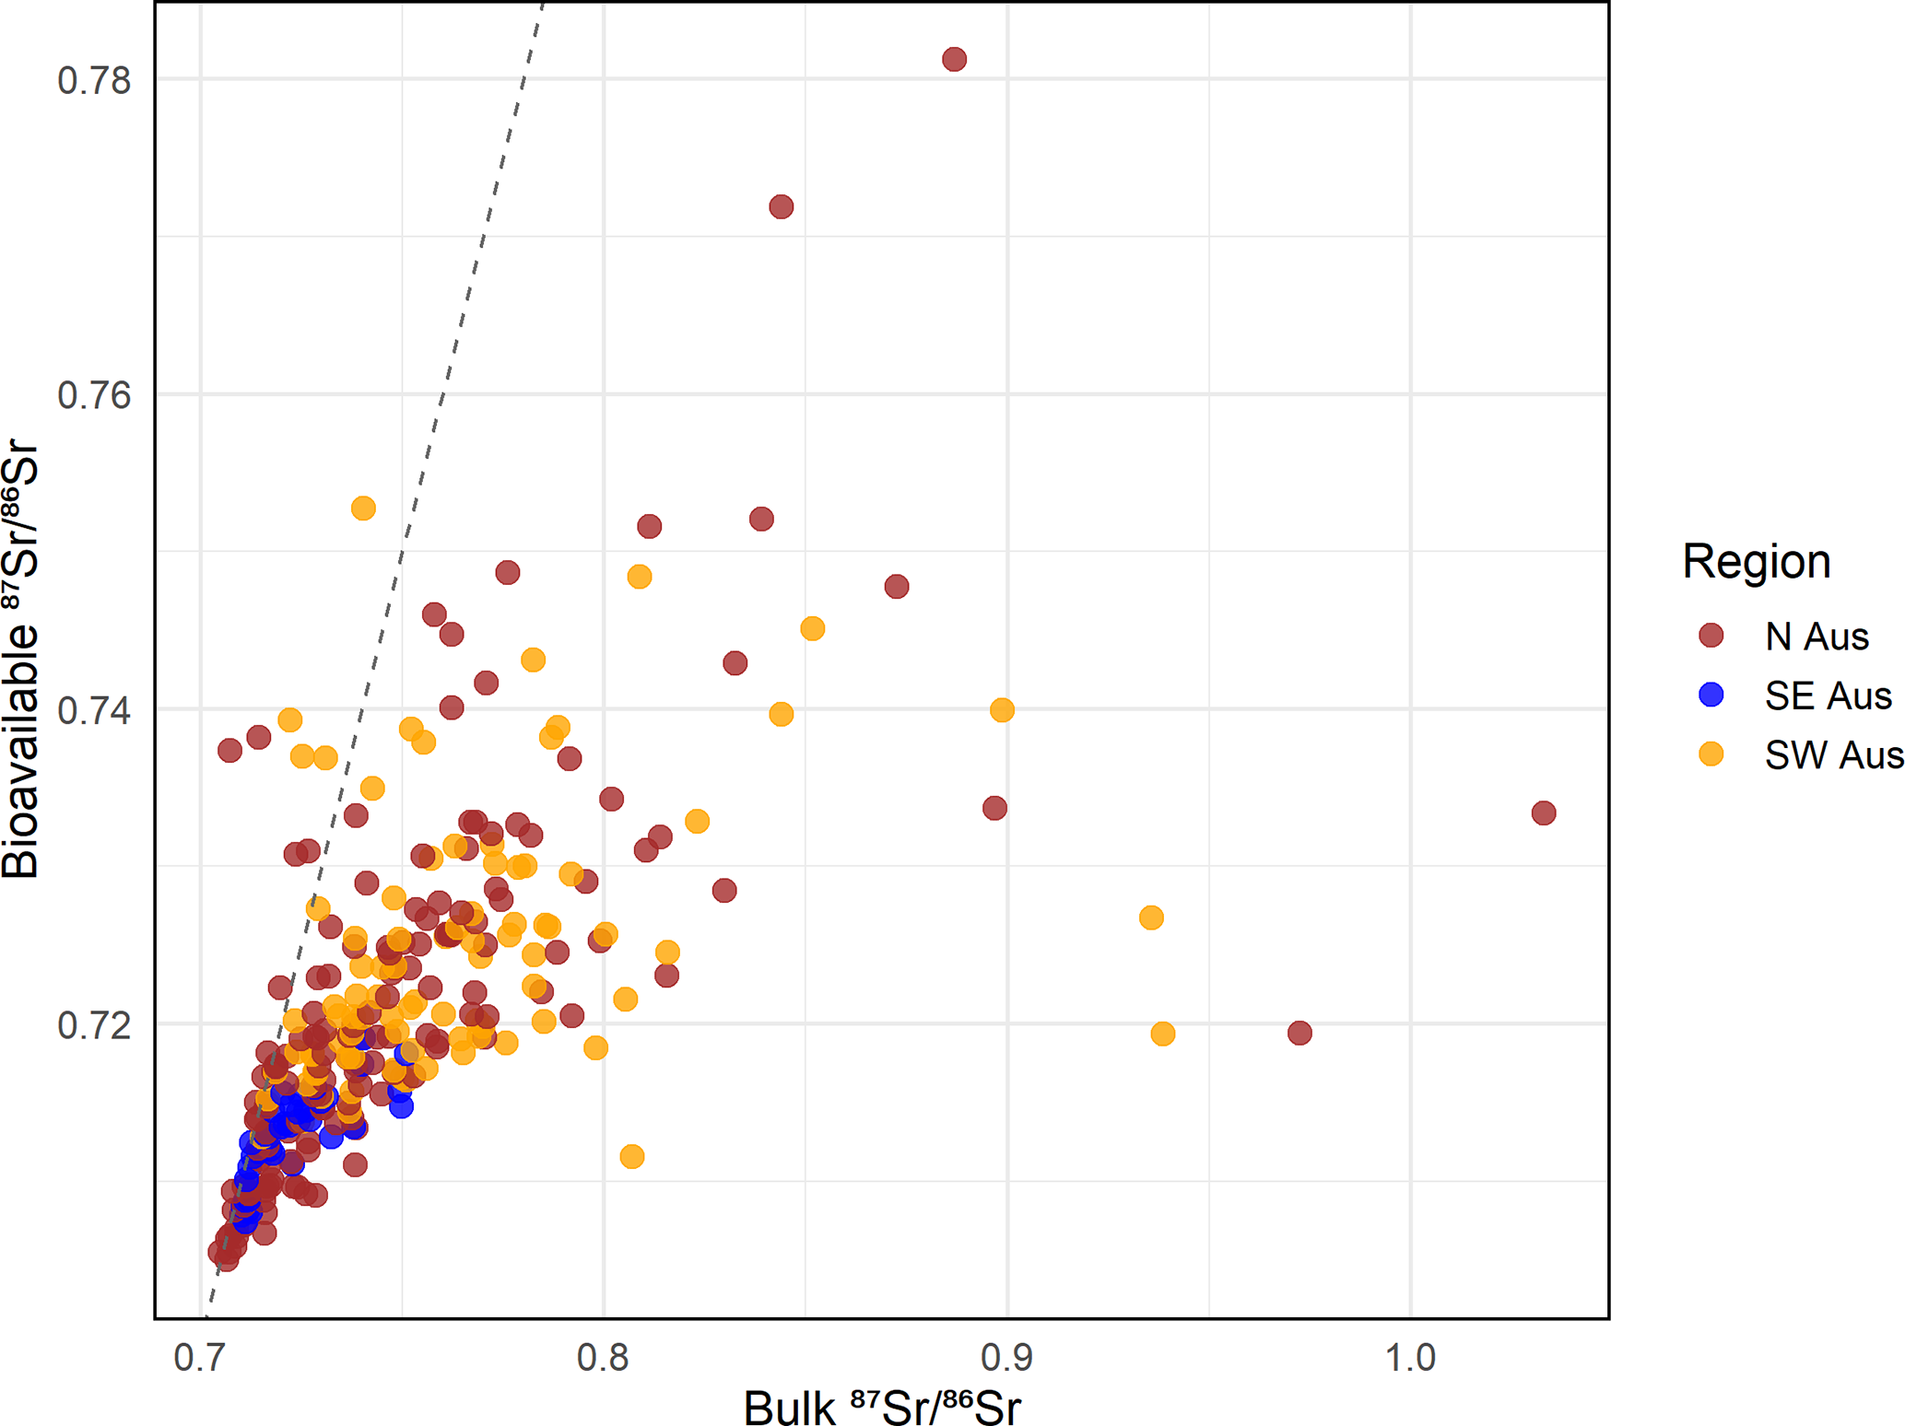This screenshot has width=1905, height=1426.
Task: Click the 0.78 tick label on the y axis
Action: pos(94,81)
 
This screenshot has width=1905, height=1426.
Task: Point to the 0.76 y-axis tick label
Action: pos(94,396)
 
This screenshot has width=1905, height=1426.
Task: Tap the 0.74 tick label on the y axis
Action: pos(94,711)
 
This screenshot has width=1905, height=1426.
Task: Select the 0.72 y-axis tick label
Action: pos(94,1025)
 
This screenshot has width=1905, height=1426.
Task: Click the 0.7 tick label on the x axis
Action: pos(200,1358)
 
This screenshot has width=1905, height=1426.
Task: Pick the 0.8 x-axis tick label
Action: pos(604,1358)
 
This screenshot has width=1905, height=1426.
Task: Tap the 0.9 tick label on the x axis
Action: pos(1007,1358)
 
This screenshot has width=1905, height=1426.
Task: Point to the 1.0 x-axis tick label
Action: pos(1411,1358)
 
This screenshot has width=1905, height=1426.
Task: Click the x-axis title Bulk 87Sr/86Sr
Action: pos(882,1406)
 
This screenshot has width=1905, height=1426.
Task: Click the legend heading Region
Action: pos(1756,561)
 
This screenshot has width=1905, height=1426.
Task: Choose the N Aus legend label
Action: pos(1817,637)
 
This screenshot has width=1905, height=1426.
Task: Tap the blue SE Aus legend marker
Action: pos(1711,695)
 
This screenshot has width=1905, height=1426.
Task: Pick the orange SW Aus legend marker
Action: pos(1711,754)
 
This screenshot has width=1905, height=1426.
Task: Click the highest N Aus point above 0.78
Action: pos(954,60)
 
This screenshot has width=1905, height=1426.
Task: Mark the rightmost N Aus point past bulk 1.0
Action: pos(1544,812)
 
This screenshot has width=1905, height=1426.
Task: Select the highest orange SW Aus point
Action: pos(363,508)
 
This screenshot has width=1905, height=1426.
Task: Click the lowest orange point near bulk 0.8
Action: pos(632,1156)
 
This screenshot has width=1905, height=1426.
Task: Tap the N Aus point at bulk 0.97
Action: pos(1299,1033)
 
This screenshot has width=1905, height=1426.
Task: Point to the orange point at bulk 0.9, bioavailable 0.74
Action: pos(1002,710)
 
